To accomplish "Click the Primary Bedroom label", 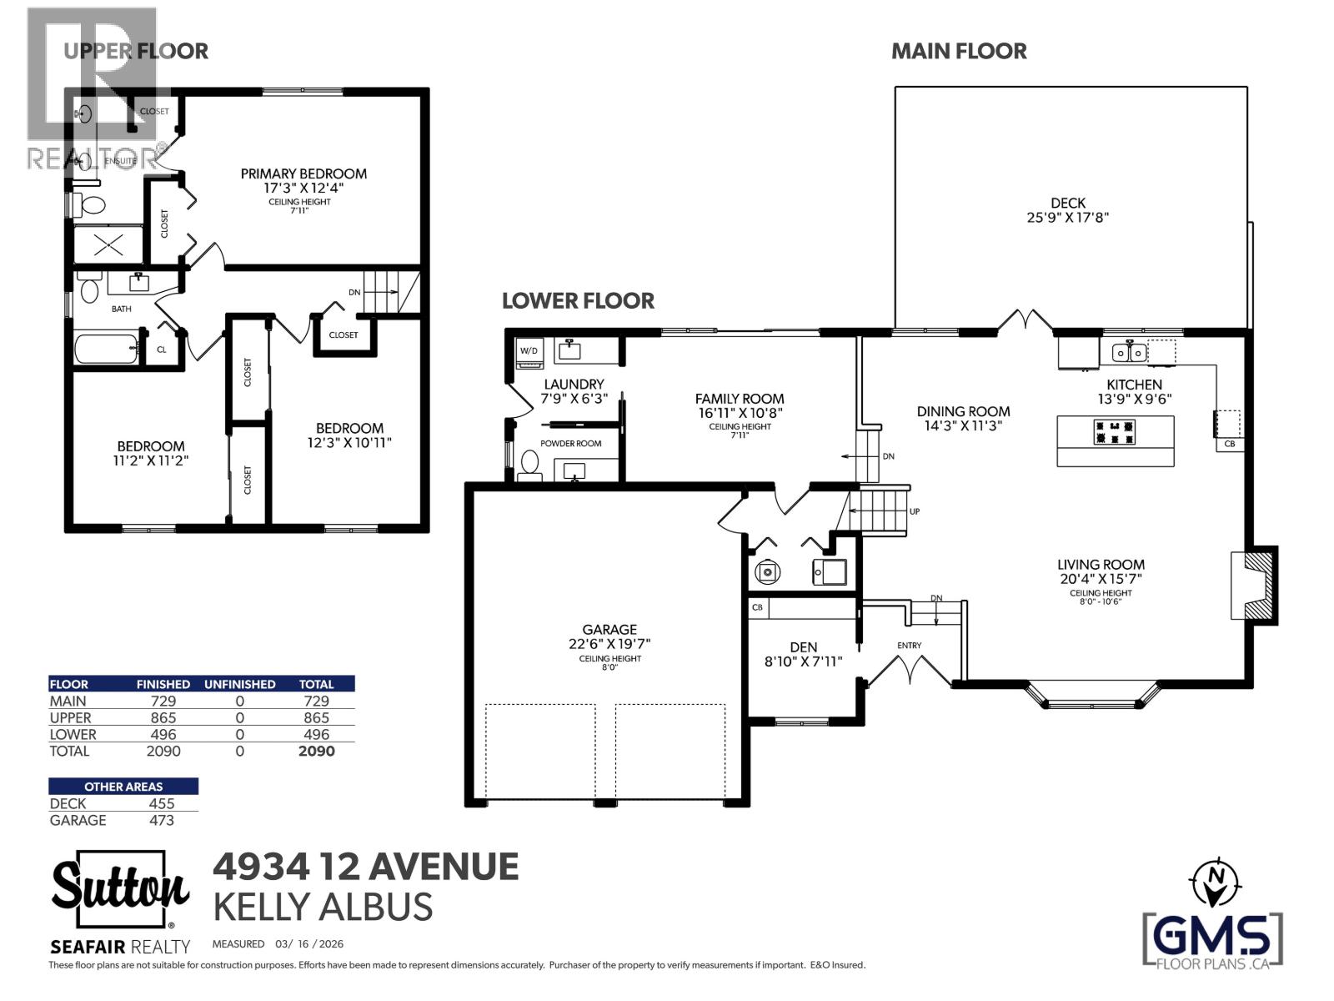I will [303, 174].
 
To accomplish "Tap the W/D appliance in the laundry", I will [529, 351].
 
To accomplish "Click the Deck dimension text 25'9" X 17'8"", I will [1067, 218].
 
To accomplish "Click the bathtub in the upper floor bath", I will [106, 349].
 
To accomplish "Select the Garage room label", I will [609, 630].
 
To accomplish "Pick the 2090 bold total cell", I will [316, 751].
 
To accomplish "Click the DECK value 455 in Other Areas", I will [162, 803].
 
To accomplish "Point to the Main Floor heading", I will [959, 51].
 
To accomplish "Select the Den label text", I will [803, 646].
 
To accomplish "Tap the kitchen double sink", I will [1129, 352].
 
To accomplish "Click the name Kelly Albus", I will [323, 907].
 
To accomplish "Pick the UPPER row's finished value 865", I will [163, 717].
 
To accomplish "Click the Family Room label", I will [740, 399].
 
